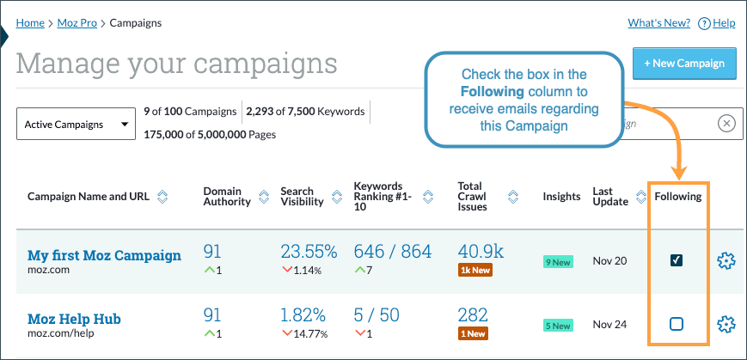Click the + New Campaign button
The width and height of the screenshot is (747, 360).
684,63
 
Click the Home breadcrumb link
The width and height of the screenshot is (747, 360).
30,22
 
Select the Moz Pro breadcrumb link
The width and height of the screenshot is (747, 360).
77,22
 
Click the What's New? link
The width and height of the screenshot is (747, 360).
658,23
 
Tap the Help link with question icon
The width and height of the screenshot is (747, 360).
717,23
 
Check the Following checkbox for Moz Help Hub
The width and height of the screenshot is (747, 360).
677,324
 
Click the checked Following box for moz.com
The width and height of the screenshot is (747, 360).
677,260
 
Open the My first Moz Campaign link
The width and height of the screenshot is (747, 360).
104,255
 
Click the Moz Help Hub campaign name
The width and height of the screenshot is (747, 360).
74,319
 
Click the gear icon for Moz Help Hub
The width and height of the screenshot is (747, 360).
726,324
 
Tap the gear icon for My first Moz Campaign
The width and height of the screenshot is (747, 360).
726,260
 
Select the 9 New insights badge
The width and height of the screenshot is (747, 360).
557,262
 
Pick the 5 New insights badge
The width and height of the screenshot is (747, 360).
557,326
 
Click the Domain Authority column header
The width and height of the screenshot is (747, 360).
227,196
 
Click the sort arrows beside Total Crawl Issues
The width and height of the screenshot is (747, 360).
513,196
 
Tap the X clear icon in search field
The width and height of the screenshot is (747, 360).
726,124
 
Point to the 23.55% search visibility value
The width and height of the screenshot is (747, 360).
309,253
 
